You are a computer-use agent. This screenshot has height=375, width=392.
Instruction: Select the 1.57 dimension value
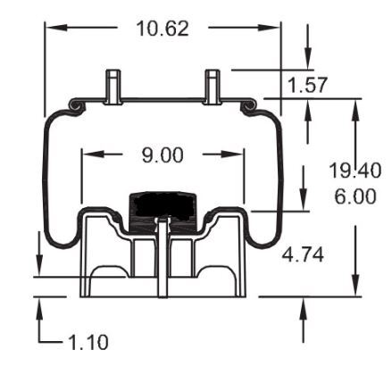pos(307,86)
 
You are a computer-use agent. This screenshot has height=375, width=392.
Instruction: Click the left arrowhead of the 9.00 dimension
pos(88,154)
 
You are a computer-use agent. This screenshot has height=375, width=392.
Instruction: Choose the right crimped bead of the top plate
pos(252,107)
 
